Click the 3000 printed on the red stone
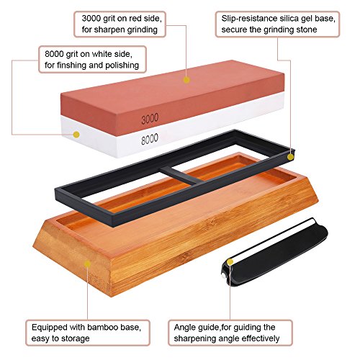pyautogui.click(x=150, y=119)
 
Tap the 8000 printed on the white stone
pyautogui.click(x=150, y=139)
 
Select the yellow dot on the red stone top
pyautogui.click(x=186, y=80)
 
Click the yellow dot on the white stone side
pyautogui.click(x=76, y=135)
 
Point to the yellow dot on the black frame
pyautogui.click(x=290, y=157)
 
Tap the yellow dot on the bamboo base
pyautogui.click(x=87, y=264)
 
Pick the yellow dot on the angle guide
pyautogui.click(x=230, y=262)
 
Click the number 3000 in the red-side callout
pyautogui.click(x=91, y=19)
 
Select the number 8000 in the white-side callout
pyautogui.click(x=54, y=54)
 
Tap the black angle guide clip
pyautogui.click(x=274, y=255)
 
